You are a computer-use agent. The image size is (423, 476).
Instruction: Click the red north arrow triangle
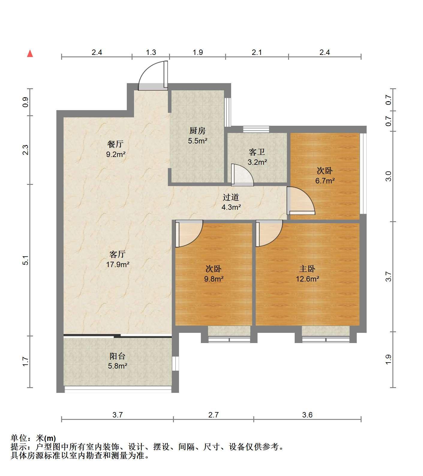30,54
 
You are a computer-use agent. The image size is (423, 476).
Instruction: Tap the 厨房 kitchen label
197,131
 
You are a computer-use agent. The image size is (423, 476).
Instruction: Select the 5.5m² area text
198,140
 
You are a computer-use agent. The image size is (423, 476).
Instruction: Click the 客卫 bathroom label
257,152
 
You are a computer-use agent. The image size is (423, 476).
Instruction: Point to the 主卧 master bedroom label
307,269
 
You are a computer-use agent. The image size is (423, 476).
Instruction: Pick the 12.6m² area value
308,279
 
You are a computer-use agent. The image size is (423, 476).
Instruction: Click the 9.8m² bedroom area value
214,279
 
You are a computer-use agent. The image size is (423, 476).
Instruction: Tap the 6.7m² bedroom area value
325,181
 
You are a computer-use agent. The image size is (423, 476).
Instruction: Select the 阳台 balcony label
117,356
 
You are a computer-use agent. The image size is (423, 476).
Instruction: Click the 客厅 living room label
117,255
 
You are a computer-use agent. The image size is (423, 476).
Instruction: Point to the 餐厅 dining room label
115,144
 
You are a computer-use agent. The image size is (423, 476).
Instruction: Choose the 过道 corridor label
231,197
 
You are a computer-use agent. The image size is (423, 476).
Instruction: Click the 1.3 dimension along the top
151,53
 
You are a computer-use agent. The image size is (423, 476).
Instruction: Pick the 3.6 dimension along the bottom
307,415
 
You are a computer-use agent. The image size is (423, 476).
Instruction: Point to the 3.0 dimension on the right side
389,176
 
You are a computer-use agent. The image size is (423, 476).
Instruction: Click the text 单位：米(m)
33,438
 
